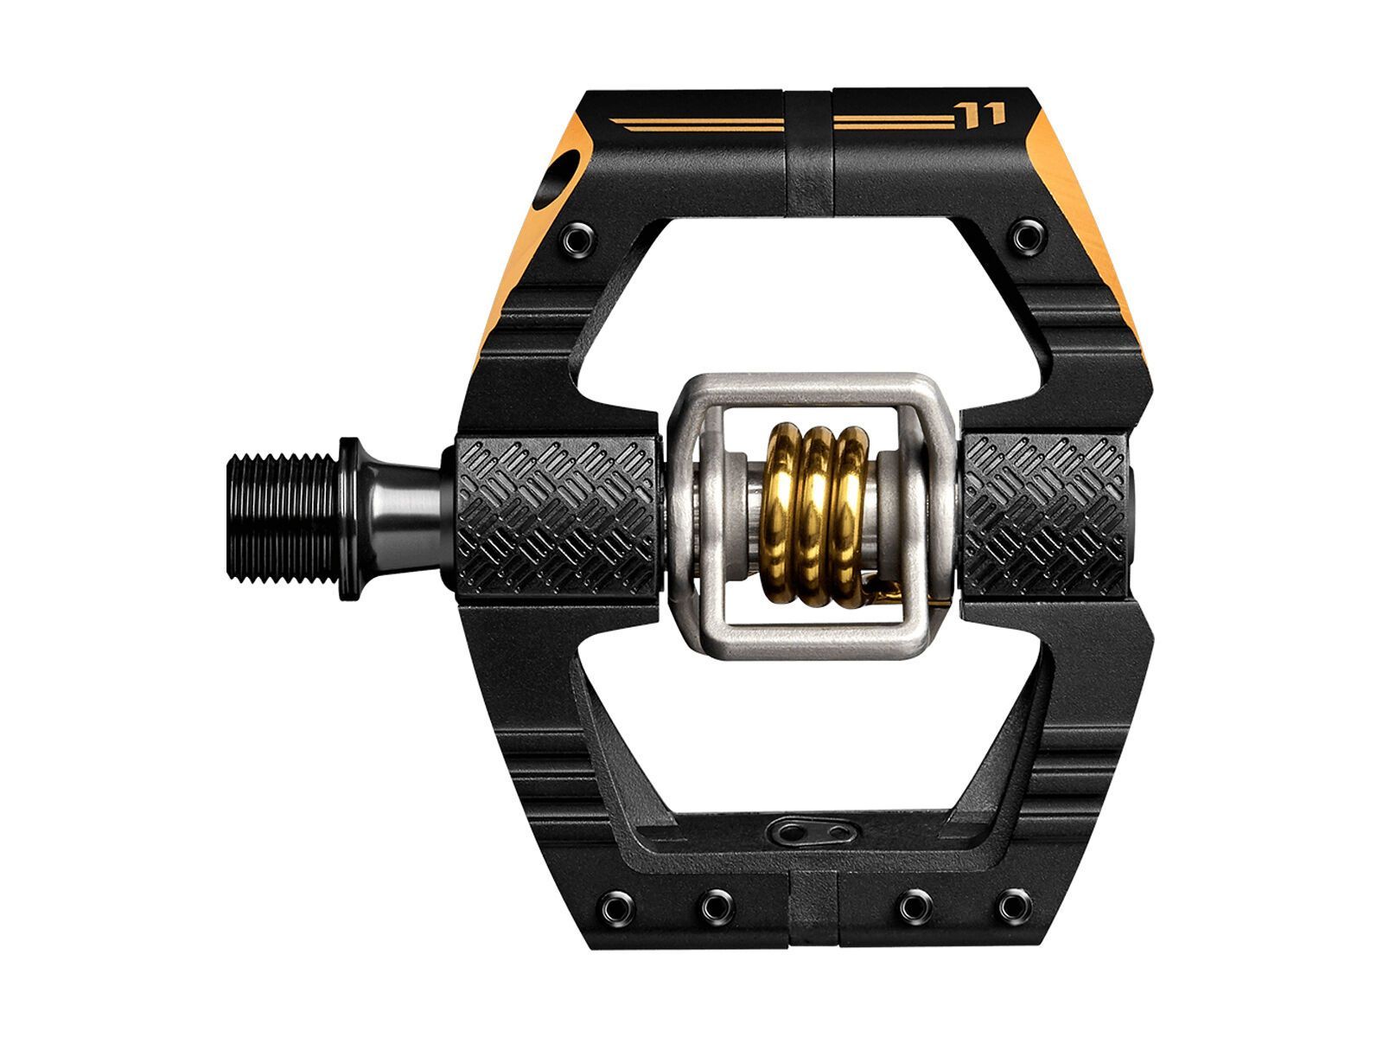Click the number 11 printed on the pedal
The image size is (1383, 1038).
coord(980,113)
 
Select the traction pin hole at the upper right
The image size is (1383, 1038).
coord(1027,236)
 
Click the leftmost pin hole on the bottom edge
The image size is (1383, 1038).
coord(618,906)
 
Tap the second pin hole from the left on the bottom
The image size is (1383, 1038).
coord(716,906)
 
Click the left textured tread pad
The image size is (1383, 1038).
coord(555,517)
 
